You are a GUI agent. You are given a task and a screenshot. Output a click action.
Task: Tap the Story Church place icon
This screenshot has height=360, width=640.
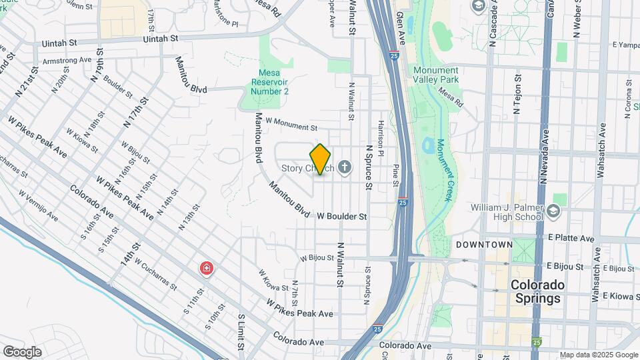345,167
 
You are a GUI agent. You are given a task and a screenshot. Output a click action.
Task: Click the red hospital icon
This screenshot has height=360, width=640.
207,269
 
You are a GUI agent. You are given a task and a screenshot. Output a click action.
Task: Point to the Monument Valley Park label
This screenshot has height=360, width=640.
435,75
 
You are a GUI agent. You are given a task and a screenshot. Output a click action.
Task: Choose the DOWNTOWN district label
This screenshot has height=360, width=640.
484,245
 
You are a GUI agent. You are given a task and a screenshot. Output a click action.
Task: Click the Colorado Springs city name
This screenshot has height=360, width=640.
537,291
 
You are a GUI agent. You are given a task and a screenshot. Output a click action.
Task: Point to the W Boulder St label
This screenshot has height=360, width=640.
342,217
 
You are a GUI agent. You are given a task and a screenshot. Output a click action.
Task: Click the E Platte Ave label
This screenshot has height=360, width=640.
571,238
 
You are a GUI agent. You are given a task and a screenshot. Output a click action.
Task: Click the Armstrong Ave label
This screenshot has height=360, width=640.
67,59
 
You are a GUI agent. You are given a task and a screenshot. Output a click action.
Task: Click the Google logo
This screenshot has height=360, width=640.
22,351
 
